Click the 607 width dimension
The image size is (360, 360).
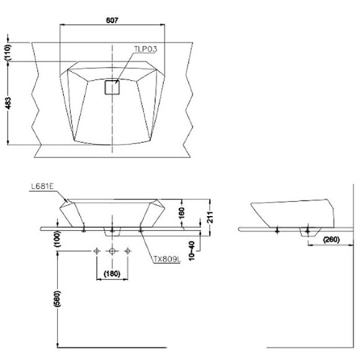(112, 20)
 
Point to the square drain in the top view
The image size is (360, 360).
(112, 87)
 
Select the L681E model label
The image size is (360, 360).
(42, 186)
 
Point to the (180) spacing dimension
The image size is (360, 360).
(112, 273)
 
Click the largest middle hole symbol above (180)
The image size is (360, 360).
(112, 251)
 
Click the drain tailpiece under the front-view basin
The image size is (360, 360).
(112, 232)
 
